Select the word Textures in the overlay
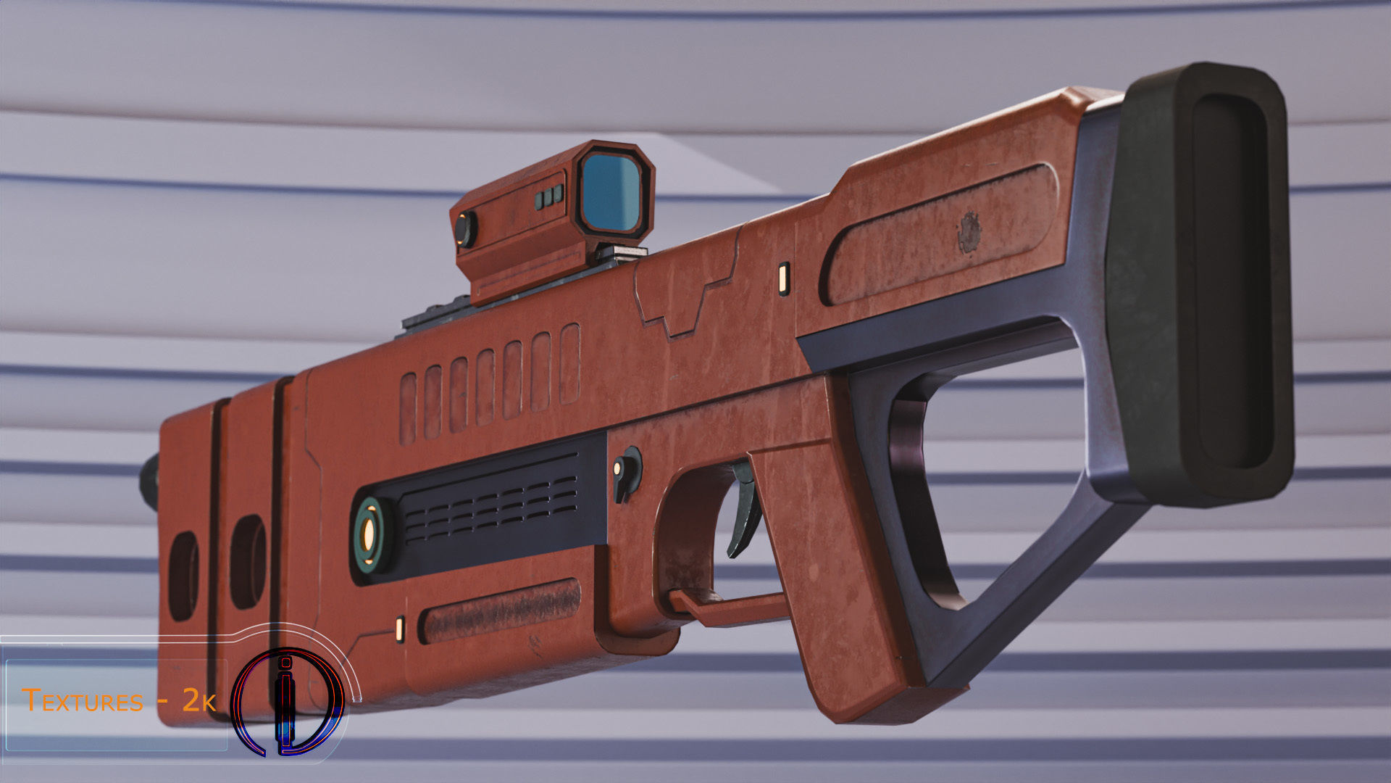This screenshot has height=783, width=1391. coord(83,701)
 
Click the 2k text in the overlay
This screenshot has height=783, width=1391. coord(198,700)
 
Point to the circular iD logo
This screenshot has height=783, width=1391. coord(287,702)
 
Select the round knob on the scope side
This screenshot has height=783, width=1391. coord(464,229)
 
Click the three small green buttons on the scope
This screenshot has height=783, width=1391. coord(549,196)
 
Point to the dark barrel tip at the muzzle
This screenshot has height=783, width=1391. coord(149,481)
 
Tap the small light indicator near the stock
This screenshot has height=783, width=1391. coord(783,278)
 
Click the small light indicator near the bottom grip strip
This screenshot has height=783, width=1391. coord(399,629)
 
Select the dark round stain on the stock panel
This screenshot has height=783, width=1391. coord(969,232)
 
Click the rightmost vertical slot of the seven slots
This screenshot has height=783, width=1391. coord(569,364)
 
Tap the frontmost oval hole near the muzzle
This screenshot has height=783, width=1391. coord(183,576)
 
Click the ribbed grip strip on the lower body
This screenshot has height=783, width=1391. coord(501,610)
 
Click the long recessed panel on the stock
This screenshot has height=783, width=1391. coord(942,236)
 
